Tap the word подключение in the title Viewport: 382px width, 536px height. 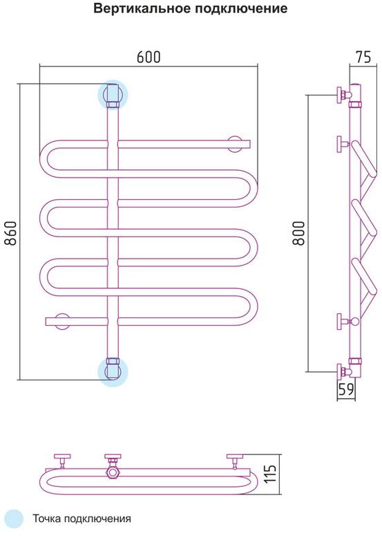241,9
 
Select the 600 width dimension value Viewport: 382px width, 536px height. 149,57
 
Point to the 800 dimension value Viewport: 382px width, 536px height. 298,233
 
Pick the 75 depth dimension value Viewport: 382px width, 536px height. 363,57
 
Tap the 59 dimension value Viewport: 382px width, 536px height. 346,389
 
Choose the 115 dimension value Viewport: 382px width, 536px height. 271,474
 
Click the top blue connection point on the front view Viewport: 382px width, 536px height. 113,95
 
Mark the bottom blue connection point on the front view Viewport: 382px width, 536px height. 113,372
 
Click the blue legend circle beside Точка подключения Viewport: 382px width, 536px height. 13,519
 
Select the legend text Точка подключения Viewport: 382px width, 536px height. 82,519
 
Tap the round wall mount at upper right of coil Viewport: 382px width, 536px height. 235,144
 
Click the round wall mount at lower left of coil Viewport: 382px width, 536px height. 62,322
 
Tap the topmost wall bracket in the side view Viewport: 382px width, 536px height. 343,95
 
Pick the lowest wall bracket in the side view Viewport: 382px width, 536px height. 343,371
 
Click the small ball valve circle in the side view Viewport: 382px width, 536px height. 355,322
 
